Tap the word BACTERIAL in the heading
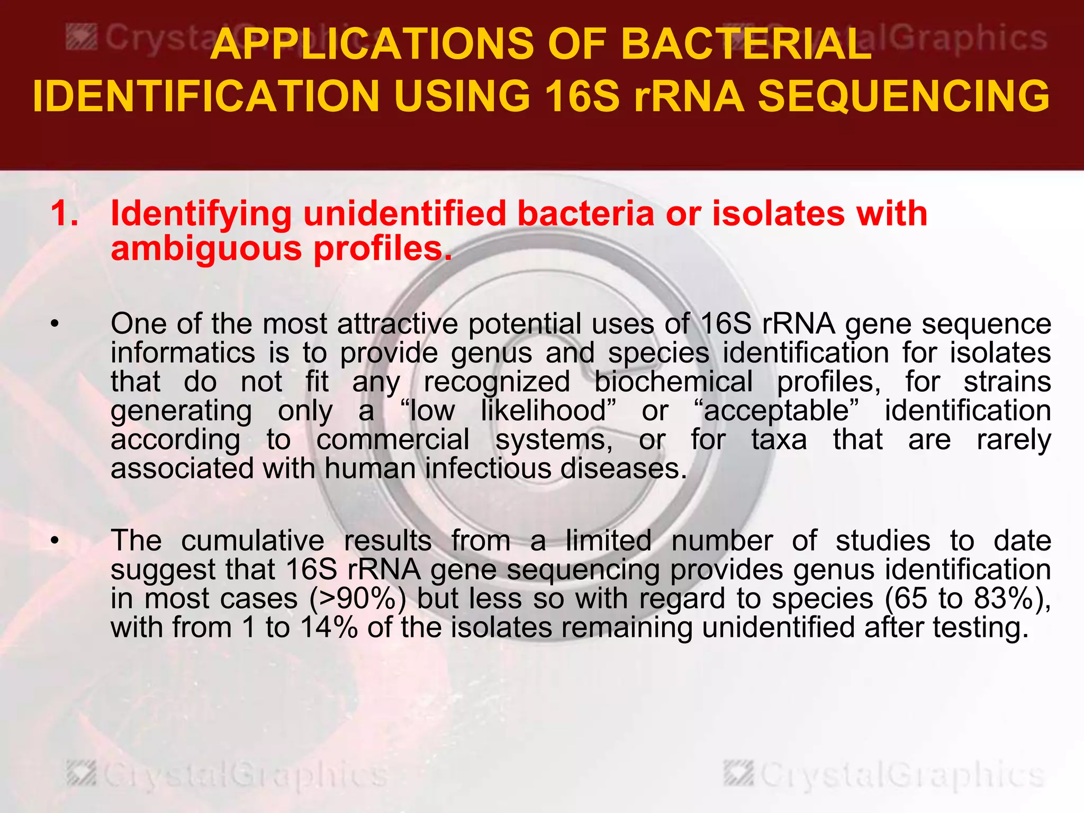coord(746,44)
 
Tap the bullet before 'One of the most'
coord(54,324)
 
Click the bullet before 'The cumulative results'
coord(54,541)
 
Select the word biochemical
coord(673,382)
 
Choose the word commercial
coord(393,439)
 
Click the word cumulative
coord(252,541)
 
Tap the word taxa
coord(779,439)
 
